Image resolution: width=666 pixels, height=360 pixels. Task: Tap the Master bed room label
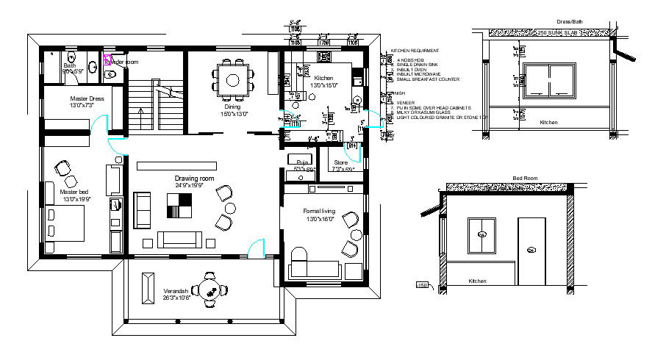[74, 195]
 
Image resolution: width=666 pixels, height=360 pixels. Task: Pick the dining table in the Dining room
[233, 79]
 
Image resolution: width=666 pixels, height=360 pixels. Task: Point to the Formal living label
[318, 215]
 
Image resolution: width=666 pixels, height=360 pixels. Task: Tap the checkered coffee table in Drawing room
[179, 205]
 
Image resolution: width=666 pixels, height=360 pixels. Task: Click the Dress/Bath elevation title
[550, 24]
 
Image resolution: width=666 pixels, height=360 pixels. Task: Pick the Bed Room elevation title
[525, 179]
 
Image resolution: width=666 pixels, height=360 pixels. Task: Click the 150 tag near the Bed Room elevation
[422, 285]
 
